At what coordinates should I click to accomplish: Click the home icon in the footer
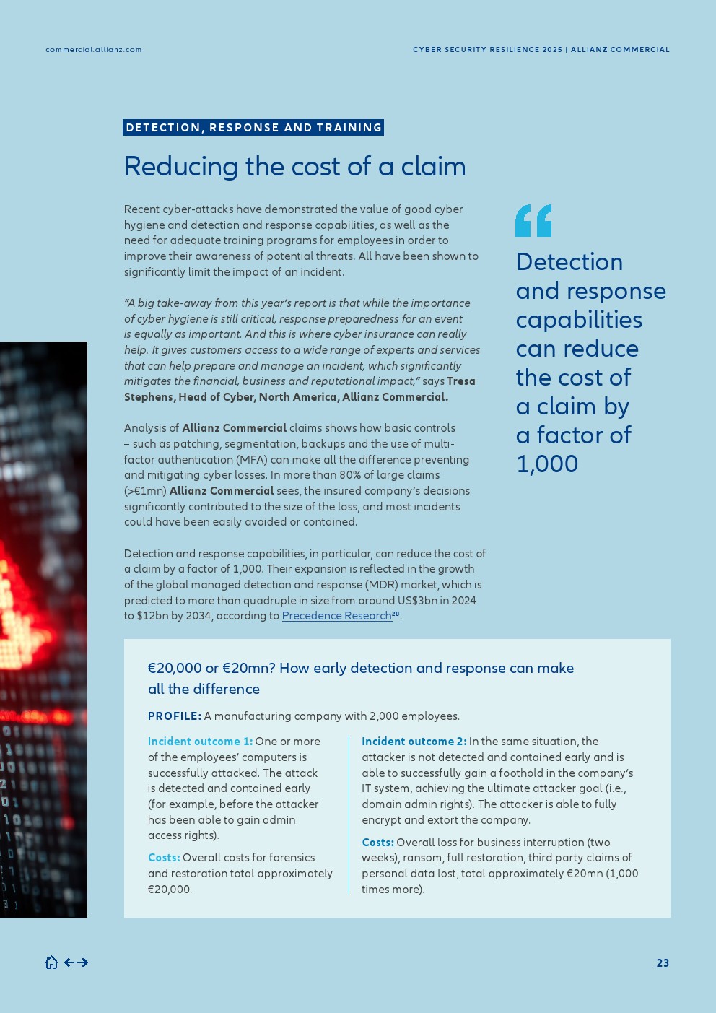pyautogui.click(x=51, y=962)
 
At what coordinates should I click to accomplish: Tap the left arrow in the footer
pyautogui.click(x=69, y=962)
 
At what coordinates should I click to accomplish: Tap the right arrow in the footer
pyautogui.click(x=82, y=962)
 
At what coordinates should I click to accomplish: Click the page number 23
pyautogui.click(x=663, y=963)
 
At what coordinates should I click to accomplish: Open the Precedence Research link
pyautogui.click(x=336, y=616)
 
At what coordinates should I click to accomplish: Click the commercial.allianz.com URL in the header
pyautogui.click(x=94, y=50)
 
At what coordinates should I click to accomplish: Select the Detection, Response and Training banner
pyautogui.click(x=253, y=128)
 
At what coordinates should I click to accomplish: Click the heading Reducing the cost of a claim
pyautogui.click(x=295, y=167)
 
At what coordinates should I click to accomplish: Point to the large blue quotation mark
pyautogui.click(x=533, y=221)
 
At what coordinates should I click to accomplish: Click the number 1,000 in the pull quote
pyautogui.click(x=547, y=464)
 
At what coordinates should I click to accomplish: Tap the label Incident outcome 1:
pyautogui.click(x=200, y=742)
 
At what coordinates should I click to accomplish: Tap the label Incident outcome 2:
pyautogui.click(x=414, y=742)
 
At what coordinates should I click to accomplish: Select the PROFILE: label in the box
pyautogui.click(x=174, y=716)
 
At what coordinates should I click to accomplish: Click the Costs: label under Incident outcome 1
pyautogui.click(x=164, y=858)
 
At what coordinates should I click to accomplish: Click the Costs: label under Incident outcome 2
pyautogui.click(x=377, y=843)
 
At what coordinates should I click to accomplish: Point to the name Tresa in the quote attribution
pyautogui.click(x=461, y=381)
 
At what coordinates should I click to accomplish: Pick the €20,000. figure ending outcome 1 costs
pyautogui.click(x=170, y=890)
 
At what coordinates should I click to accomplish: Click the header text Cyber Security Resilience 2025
pyautogui.click(x=487, y=50)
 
